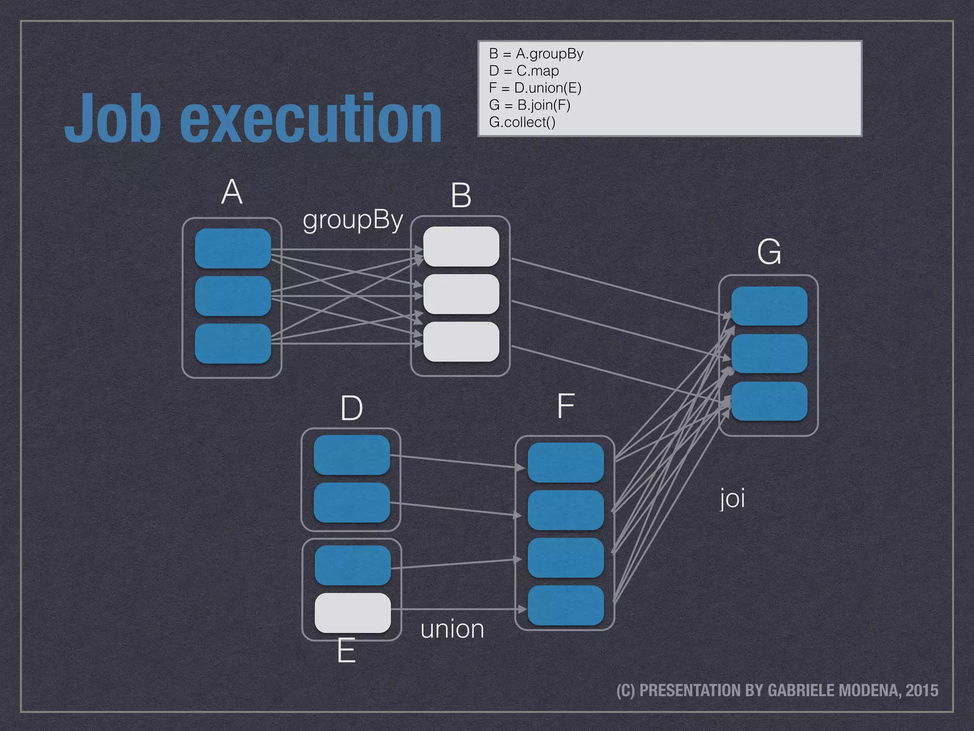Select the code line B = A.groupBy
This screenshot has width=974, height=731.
pyautogui.click(x=536, y=54)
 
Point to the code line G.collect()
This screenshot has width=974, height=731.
pyautogui.click(x=522, y=122)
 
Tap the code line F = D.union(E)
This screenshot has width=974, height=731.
pyautogui.click(x=535, y=88)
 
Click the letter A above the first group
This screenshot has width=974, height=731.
pyautogui.click(x=232, y=192)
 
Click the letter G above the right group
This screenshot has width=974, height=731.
pyautogui.click(x=769, y=252)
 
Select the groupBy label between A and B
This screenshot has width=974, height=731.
pyautogui.click(x=353, y=220)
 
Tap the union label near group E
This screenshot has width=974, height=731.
pyautogui.click(x=452, y=629)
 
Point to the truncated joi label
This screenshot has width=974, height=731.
pyautogui.click(x=732, y=499)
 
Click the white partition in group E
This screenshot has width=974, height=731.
pyautogui.click(x=352, y=613)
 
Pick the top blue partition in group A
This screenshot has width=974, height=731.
pyautogui.click(x=233, y=248)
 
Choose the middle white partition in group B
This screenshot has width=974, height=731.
pyautogui.click(x=461, y=294)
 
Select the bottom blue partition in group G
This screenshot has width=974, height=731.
pyautogui.click(x=769, y=401)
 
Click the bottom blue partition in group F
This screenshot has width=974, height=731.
pyautogui.click(x=565, y=605)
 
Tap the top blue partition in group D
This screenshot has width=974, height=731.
pyautogui.click(x=351, y=455)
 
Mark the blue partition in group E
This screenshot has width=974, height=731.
pyautogui.click(x=352, y=565)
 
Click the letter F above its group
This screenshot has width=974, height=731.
pyautogui.click(x=565, y=406)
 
